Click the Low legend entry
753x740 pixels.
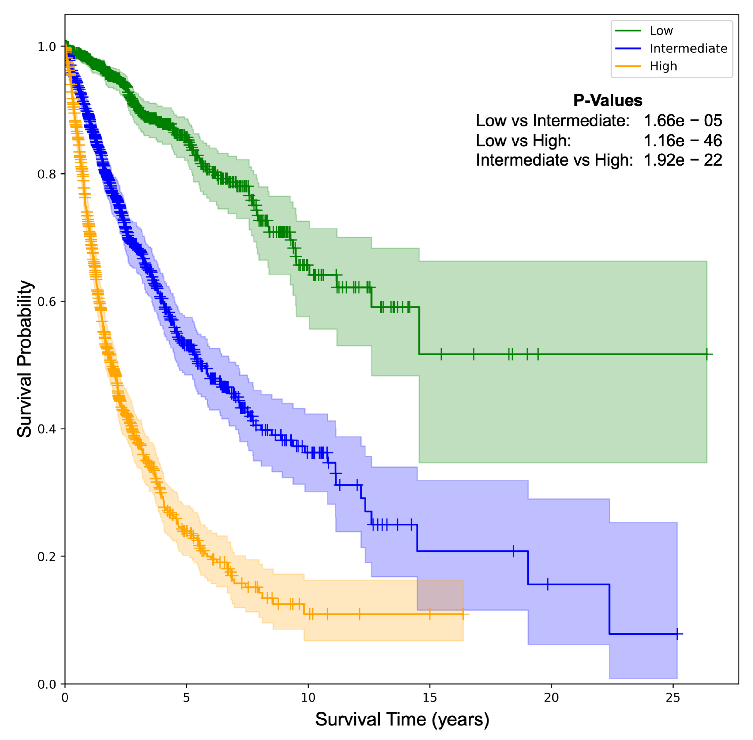[x=661, y=31]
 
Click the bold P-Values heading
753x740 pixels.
[x=608, y=101]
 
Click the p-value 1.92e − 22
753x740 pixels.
[x=682, y=160]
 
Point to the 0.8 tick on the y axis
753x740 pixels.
[x=47, y=174]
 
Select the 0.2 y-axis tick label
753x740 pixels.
[x=47, y=556]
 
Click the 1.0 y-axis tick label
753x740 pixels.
[x=47, y=47]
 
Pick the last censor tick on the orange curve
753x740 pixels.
[x=463, y=614]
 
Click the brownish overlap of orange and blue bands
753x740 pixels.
[x=440, y=595]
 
